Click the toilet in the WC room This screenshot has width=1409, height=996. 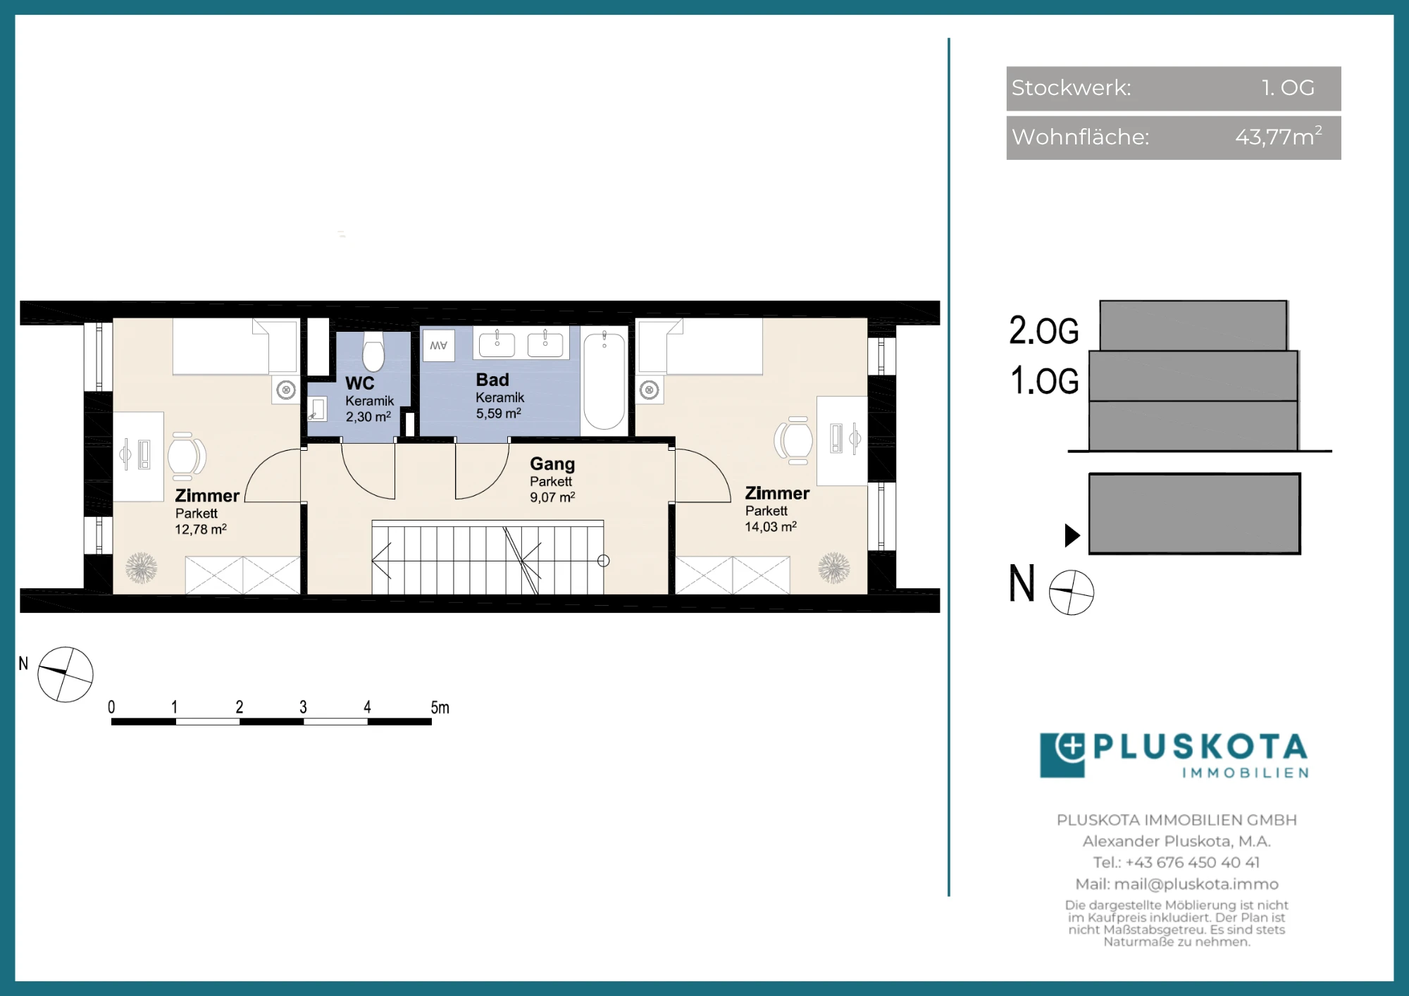[x=373, y=350]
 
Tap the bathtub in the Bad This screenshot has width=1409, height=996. [x=604, y=380]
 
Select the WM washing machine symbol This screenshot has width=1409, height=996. [x=439, y=345]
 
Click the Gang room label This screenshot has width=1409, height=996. [x=552, y=464]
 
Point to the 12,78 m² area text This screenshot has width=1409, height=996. [x=201, y=529]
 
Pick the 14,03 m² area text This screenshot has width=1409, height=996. [x=771, y=526]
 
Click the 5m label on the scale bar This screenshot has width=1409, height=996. [x=440, y=707]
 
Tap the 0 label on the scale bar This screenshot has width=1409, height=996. [x=111, y=707]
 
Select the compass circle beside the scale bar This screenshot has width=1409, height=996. [x=66, y=675]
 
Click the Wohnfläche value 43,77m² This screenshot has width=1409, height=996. [x=1279, y=136]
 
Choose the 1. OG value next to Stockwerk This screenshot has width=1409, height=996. [x=1288, y=87]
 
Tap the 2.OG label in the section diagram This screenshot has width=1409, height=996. [x=1044, y=330]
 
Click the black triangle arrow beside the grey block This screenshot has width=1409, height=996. [x=1072, y=535]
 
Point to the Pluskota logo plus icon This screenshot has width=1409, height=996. [x=1071, y=747]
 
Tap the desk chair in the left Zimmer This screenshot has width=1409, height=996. [x=186, y=456]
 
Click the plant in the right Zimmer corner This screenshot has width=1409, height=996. [x=834, y=568]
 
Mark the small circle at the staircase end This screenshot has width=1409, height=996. [x=603, y=561]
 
